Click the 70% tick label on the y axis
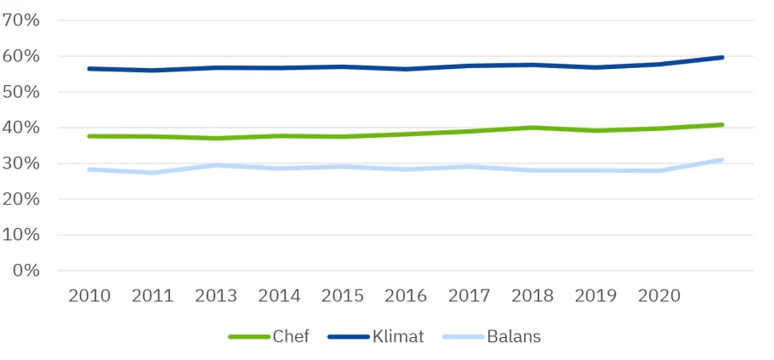21,20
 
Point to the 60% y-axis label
21,56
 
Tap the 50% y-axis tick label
21,93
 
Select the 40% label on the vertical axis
21,128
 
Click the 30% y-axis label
21,163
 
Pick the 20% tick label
21,199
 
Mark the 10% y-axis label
21,235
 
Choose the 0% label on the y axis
26,271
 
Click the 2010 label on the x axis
89,296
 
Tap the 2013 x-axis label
216,296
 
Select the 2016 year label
406,296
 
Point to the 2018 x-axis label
532,296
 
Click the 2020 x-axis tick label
659,296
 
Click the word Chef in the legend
291,336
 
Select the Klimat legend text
398,336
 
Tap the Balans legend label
514,336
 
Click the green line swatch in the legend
249,337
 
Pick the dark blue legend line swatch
349,337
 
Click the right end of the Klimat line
722,58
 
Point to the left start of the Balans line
89,169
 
